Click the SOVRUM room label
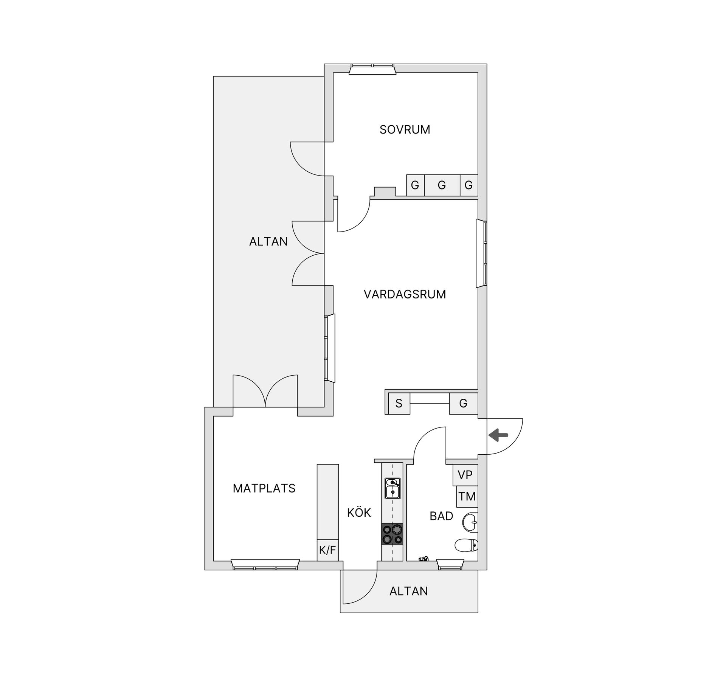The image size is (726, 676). coord(405,130)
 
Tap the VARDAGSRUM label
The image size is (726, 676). coord(405,294)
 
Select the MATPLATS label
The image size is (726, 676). coord(264,488)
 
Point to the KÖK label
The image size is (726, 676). coord(359,513)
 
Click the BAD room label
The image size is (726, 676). coord(441,516)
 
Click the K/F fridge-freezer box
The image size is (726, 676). coord(327,550)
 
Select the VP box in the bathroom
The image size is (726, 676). coord(465,475)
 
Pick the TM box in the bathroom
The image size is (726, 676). coord(467,496)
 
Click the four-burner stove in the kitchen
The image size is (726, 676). coord(392,534)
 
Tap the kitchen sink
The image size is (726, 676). coord(392,488)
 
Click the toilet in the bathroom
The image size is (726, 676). coord(467,545)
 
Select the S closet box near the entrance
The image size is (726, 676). coord(399,404)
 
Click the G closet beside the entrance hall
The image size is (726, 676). coord(464,404)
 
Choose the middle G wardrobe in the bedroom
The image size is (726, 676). coord(442,185)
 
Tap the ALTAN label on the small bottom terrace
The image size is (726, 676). coord(409,591)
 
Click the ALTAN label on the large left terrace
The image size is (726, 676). coord(268,241)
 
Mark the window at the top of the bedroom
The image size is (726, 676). coord(372,69)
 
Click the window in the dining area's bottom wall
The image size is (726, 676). coord(265,565)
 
